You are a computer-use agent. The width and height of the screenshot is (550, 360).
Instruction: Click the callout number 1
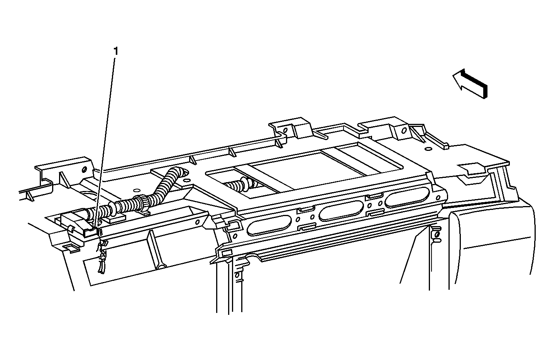point(116,51)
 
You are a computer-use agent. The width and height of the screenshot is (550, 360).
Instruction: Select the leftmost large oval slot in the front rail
point(269,224)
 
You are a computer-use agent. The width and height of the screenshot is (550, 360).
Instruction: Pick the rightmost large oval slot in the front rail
point(407,197)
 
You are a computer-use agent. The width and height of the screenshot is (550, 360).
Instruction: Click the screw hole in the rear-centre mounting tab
point(285,130)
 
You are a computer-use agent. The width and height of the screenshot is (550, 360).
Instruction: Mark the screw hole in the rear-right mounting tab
point(404,130)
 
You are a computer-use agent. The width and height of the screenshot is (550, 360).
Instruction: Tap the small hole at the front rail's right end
point(438,198)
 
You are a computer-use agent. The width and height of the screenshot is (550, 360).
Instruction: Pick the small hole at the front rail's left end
point(235,236)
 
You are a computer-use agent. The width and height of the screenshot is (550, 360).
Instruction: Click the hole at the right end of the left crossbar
point(197,222)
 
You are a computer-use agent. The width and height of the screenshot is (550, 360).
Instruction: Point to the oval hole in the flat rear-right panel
point(428,149)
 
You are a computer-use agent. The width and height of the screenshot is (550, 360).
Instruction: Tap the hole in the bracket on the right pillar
point(437,235)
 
